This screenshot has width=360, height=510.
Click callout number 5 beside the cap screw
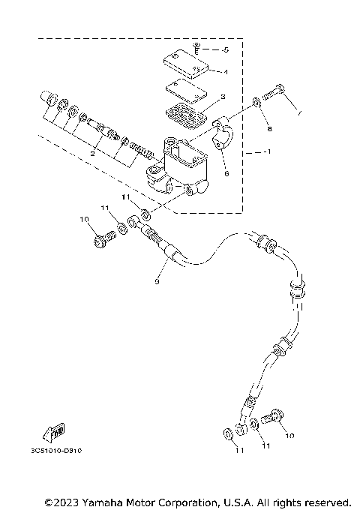pyautogui.click(x=226, y=50)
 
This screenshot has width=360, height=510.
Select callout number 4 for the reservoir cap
pyautogui.click(x=224, y=73)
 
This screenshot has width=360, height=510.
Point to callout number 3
pyautogui.click(x=223, y=98)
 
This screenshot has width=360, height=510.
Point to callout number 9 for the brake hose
pyautogui.click(x=157, y=281)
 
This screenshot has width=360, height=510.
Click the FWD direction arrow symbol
pyautogui.click(x=55, y=431)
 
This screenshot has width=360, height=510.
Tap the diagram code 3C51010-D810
pyautogui.click(x=52, y=451)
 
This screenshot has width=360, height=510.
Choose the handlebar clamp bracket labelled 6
pyautogui.click(x=223, y=136)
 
